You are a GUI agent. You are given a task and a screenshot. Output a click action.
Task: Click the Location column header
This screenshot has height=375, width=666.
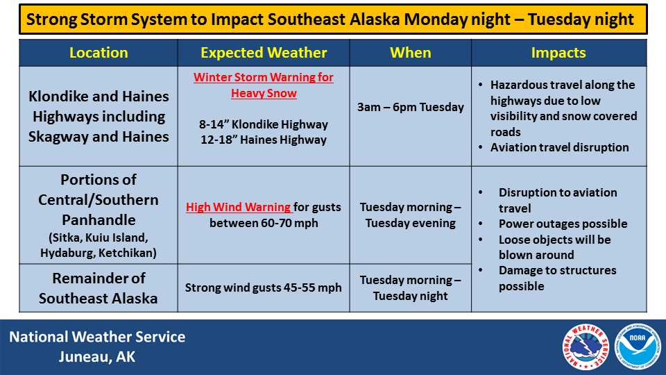click(99, 53)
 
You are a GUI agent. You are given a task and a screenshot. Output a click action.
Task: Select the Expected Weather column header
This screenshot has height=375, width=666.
click(264, 53)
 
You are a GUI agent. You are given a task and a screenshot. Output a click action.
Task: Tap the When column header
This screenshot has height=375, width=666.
click(410, 53)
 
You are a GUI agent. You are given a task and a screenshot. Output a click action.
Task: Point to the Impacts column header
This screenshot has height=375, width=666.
click(558, 53)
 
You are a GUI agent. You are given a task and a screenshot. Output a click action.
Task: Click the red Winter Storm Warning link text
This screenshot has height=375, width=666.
click(264, 85)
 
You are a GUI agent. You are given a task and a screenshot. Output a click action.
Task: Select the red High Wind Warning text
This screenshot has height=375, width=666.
click(238, 207)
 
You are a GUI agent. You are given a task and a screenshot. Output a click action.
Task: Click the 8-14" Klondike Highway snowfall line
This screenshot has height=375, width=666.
click(264, 124)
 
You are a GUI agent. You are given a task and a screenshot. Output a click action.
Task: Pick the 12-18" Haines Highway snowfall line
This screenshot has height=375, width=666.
click(264, 140)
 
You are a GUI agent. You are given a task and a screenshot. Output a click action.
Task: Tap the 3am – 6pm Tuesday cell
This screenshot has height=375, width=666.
click(410, 107)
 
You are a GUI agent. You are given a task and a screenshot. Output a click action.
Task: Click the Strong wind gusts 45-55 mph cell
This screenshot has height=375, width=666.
click(264, 287)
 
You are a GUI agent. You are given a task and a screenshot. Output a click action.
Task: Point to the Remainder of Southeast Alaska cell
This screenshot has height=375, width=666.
click(99, 288)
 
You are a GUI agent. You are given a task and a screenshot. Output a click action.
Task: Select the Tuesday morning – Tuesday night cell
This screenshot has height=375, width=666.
click(410, 287)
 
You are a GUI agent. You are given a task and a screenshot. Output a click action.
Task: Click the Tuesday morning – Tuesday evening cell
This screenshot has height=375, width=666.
click(410, 215)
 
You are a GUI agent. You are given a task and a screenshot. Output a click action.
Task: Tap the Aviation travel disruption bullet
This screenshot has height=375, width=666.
click(559, 147)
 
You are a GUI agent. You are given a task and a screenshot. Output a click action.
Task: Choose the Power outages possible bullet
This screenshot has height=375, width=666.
click(563, 224)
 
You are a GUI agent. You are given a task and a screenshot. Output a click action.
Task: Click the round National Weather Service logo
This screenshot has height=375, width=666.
click(586, 347)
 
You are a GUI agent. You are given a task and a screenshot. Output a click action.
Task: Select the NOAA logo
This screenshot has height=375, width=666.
click(638, 347)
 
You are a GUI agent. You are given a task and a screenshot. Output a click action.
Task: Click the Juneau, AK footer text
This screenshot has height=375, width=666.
click(97, 357)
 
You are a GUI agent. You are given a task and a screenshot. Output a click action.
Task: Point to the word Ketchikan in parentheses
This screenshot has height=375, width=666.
click(129, 253)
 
